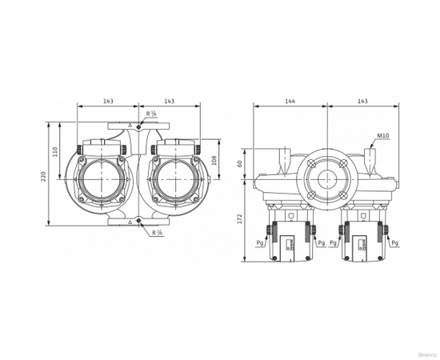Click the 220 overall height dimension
pyautogui.click(x=44, y=176)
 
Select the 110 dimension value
pyautogui.click(x=56, y=151)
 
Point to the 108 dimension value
pyautogui.click(x=214, y=160)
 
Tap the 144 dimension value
pyautogui.click(x=290, y=102)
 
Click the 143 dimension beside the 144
pyautogui.click(x=362, y=102)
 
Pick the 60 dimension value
pyautogui.click(x=239, y=163)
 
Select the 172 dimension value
pyautogui.click(x=239, y=220)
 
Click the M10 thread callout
pyautogui.click(x=382, y=137)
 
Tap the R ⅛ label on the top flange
pyautogui.click(x=152, y=114)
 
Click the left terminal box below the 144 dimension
pyautogui.click(x=289, y=240)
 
